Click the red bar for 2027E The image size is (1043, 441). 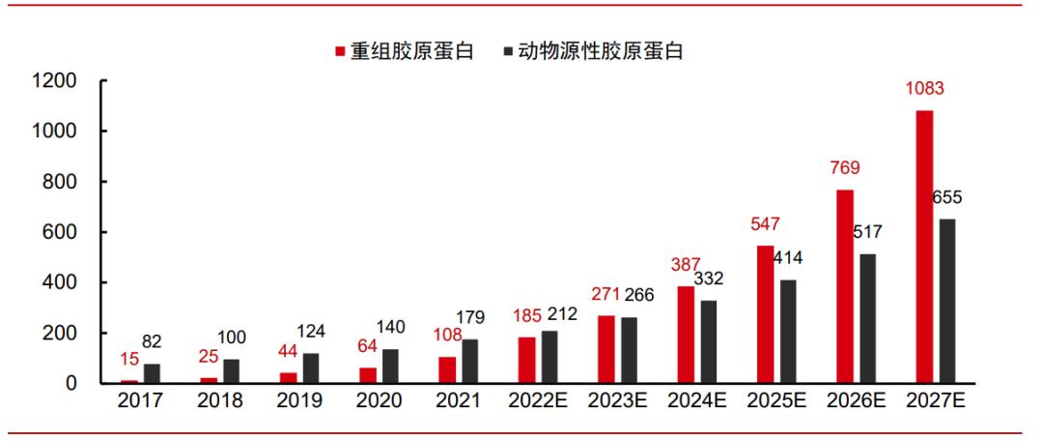tap(924, 247)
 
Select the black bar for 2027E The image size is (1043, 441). tap(948, 301)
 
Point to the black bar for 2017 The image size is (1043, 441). tap(152, 373)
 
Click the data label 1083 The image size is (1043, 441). tap(924, 89)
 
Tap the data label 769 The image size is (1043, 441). tap(843, 168)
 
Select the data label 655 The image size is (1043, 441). tap(947, 198)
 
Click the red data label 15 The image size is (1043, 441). tap(128, 359)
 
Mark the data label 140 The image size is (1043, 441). tap(391, 327)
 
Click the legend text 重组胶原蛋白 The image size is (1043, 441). tap(411, 52)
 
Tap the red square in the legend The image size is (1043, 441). tap(340, 52)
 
